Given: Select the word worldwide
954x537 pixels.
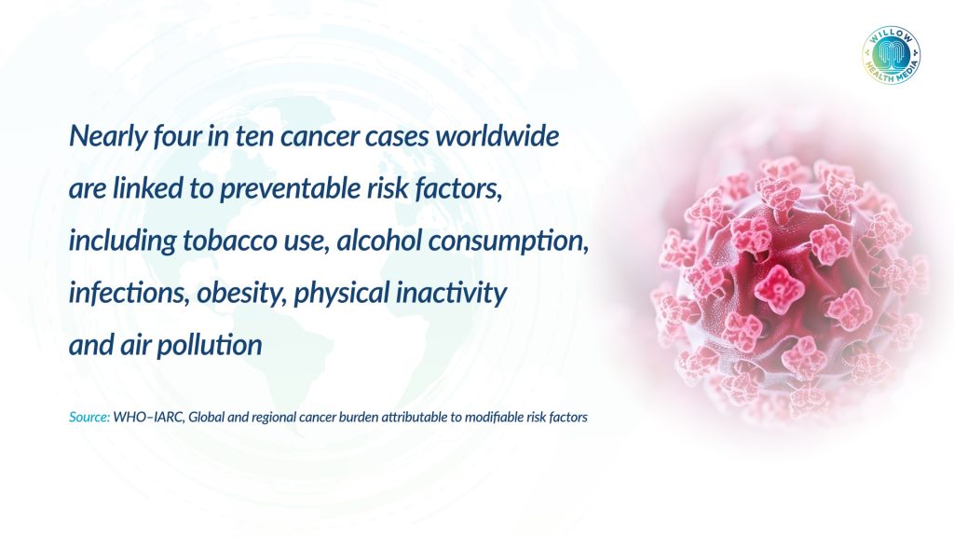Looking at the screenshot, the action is (497, 135).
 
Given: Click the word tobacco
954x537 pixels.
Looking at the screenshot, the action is (230, 241).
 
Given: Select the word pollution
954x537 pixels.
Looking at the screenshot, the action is (210, 345).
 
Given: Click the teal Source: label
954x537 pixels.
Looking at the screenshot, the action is (89, 417).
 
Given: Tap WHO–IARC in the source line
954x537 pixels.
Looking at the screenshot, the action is (148, 417).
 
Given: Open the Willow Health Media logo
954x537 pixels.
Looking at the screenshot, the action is (891, 55).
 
